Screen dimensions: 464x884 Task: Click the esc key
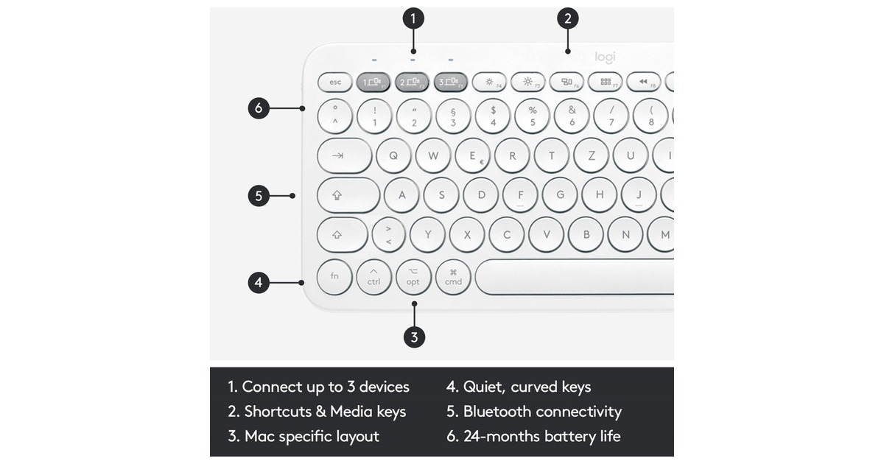(335, 82)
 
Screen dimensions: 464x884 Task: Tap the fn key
(334, 276)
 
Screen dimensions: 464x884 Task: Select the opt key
(413, 277)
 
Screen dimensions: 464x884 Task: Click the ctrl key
(373, 277)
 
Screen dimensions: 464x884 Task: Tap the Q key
(393, 155)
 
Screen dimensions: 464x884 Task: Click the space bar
(575, 277)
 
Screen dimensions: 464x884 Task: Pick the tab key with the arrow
(343, 155)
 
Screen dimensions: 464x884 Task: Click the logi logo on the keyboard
(605, 57)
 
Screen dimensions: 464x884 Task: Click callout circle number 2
(567, 18)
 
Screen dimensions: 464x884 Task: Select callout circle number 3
(414, 337)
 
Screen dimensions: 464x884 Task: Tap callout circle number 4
(258, 282)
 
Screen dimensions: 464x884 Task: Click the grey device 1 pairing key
(373, 82)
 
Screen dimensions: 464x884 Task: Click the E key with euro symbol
(473, 155)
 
